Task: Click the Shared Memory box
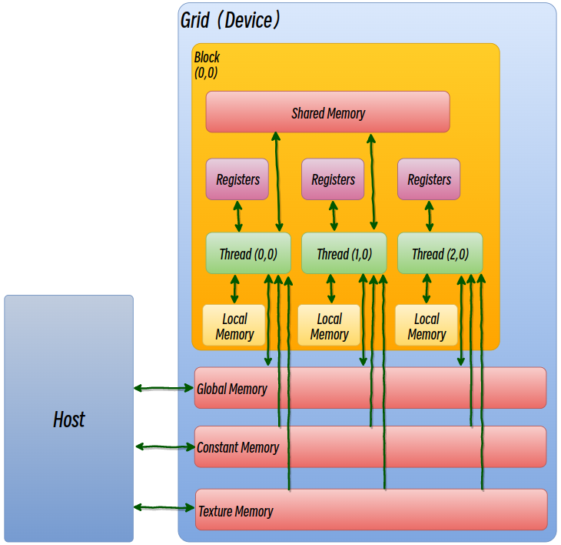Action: [327, 112]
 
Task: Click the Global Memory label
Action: [232, 389]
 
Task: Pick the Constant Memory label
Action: [237, 447]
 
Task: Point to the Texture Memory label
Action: [235, 511]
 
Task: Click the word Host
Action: [68, 420]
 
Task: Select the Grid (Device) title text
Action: [230, 20]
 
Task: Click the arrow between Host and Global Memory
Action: [164, 389]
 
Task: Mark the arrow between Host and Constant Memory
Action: [164, 446]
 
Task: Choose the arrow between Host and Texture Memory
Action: [164, 507]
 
